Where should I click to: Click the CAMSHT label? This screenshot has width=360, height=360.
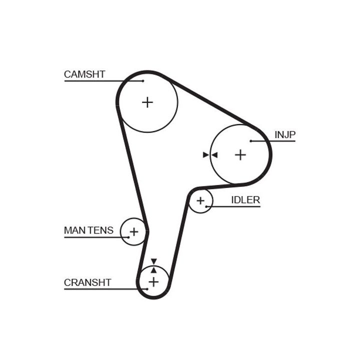(x=84, y=74)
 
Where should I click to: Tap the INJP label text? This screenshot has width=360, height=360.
(x=285, y=134)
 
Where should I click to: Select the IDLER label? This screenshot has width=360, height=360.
(x=245, y=200)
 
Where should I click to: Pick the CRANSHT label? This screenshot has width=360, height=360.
(x=87, y=282)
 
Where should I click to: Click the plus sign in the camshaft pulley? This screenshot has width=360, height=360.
(x=147, y=102)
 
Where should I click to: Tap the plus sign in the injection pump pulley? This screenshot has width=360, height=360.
(x=240, y=155)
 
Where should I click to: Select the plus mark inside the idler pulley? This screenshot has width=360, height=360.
(x=200, y=201)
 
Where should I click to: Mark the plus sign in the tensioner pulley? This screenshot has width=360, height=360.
(x=133, y=231)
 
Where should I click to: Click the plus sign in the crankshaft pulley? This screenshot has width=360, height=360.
(x=153, y=282)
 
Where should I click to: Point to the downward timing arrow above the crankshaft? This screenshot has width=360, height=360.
(x=153, y=261)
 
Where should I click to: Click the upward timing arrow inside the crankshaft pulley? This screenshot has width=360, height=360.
(x=153, y=270)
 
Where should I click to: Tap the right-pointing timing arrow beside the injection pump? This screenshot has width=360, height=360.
(x=205, y=155)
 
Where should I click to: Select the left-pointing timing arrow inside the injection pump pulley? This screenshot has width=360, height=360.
(x=214, y=155)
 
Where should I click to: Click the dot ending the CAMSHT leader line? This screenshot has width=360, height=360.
(x=143, y=80)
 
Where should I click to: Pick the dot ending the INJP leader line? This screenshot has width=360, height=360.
(x=250, y=141)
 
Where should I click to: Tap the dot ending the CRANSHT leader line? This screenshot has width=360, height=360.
(x=148, y=288)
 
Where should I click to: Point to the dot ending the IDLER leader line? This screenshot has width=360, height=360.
(x=205, y=206)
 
